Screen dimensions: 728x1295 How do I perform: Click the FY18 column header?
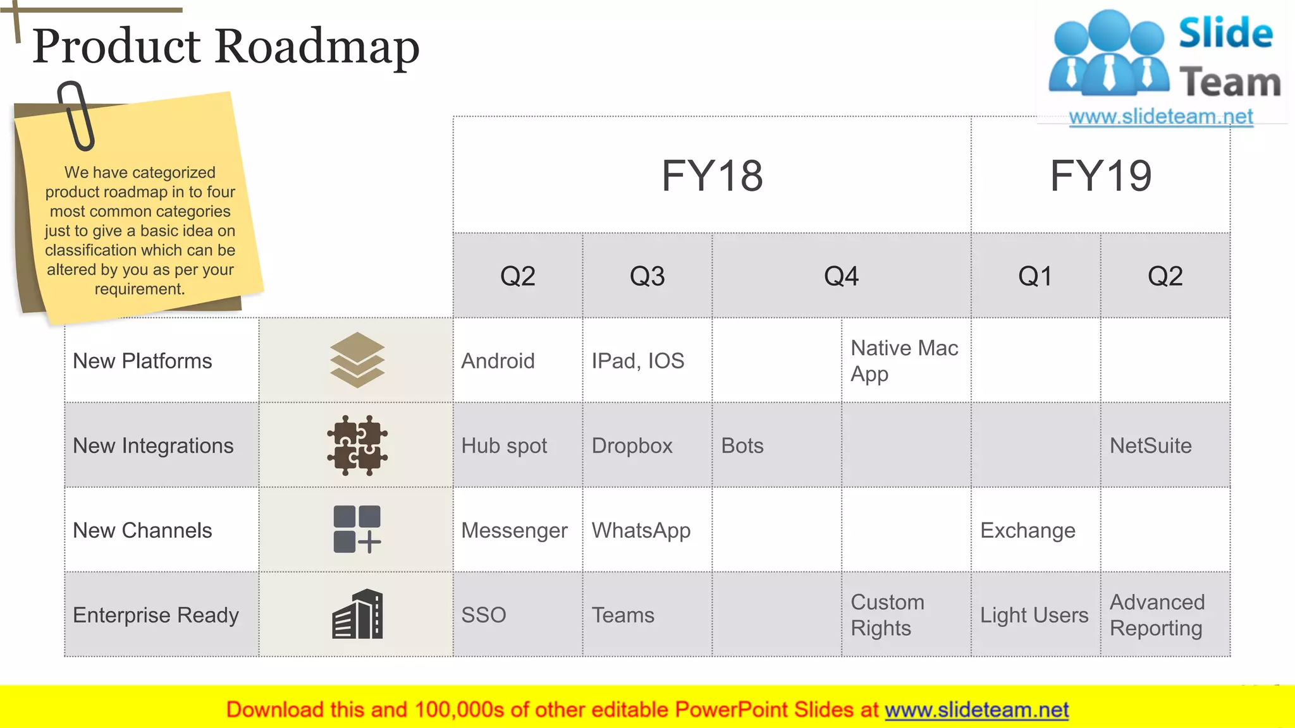[712, 176]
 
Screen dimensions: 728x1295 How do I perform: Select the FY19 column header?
[1100, 176]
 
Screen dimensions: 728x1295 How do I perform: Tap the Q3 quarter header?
[647, 276]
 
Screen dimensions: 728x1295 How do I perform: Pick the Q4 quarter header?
[841, 276]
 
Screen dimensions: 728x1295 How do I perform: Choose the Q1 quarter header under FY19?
[1035, 276]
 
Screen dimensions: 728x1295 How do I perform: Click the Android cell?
[498, 361]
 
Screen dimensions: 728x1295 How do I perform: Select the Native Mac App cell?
[904, 361]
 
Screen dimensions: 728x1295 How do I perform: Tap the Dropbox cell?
[632, 446]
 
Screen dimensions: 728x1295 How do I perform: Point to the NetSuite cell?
[1150, 446]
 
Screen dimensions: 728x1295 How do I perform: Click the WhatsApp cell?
[641, 530]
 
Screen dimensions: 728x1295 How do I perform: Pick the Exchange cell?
[1028, 530]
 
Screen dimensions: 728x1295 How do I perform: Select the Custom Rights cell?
[887, 615]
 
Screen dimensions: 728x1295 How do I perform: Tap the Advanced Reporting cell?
[1157, 615]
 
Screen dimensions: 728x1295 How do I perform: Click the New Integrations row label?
[153, 446]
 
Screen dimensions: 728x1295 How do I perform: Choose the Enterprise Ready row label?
[156, 615]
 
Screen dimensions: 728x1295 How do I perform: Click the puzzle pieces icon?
[357, 446]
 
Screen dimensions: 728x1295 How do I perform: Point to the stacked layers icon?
[357, 360]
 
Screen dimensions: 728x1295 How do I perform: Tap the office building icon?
[358, 614]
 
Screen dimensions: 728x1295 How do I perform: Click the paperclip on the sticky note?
[76, 116]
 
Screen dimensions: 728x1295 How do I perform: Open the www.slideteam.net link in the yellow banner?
[976, 710]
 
